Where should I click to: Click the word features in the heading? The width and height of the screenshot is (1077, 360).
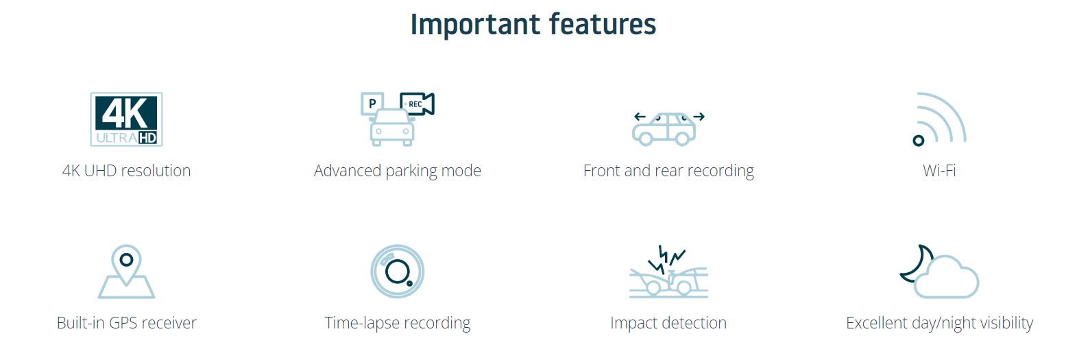click(603, 23)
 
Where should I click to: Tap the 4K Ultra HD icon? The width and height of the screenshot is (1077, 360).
click(126, 119)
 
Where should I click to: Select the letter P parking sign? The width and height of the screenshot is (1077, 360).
click(372, 104)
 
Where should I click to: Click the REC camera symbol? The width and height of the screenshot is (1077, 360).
click(417, 104)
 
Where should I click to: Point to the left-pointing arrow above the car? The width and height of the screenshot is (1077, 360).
click(640, 117)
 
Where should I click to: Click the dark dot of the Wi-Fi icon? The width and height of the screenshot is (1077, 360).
click(919, 141)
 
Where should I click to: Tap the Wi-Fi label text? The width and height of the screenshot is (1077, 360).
click(939, 171)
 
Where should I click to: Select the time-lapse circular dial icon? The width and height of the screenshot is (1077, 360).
click(397, 272)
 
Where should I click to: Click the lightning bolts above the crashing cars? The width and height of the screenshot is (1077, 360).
click(666, 260)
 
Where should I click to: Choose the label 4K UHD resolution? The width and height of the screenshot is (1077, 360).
click(126, 171)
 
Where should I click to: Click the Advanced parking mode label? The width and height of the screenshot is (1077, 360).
click(397, 171)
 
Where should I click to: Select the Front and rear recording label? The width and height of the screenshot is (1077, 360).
click(668, 171)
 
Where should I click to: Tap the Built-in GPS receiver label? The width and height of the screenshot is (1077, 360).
click(126, 323)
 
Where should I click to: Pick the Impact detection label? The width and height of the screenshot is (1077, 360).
click(668, 323)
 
